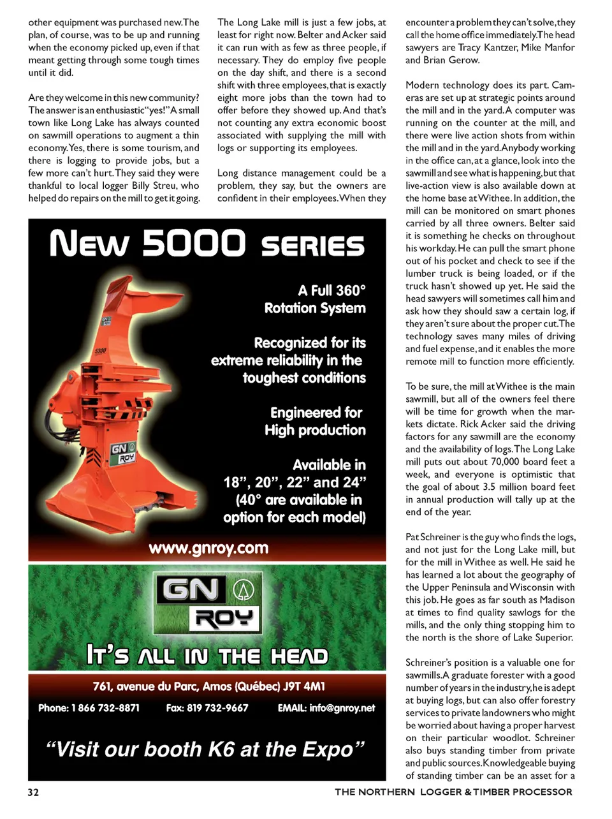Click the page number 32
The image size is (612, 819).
point(33,792)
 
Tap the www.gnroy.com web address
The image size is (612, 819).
point(208,548)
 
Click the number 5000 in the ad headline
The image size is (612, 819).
point(193,243)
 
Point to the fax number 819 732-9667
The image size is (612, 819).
point(217,707)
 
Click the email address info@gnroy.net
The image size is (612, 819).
point(342,707)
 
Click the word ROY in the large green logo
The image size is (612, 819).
point(224,618)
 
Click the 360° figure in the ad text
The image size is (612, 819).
point(351,291)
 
